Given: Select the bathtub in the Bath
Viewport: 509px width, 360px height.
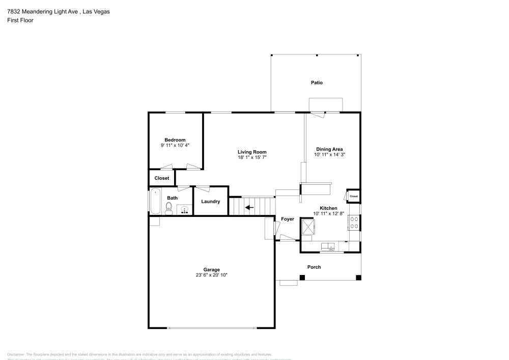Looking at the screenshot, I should pyautogui.click(x=155, y=202).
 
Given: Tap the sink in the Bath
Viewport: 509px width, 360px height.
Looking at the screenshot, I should pyautogui.click(x=185, y=209).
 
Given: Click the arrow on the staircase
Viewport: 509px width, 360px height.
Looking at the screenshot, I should pyautogui.click(x=249, y=207).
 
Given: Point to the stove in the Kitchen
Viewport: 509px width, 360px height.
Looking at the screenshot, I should pyautogui.click(x=354, y=222).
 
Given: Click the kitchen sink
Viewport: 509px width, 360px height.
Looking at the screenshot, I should pyautogui.click(x=328, y=247).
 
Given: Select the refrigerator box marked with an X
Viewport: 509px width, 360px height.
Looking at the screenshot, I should pyautogui.click(x=307, y=226).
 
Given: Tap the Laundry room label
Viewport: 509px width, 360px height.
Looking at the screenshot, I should pyautogui.click(x=211, y=202).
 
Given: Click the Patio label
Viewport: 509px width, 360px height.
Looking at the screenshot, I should pyautogui.click(x=317, y=82).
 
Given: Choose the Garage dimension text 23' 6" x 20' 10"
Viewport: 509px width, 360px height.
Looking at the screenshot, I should pyautogui.click(x=212, y=275).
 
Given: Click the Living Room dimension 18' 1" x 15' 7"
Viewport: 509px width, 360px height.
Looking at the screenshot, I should pyautogui.click(x=252, y=157).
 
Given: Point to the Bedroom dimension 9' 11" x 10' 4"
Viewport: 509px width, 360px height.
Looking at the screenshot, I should pyautogui.click(x=175, y=145).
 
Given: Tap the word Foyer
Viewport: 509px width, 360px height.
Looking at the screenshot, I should pyautogui.click(x=288, y=219).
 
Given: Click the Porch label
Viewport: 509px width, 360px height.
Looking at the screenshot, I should pyautogui.click(x=314, y=267).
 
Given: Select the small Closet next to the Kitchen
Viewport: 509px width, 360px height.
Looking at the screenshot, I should pyautogui.click(x=353, y=196).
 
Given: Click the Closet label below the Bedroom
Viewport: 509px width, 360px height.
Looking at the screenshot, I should pyautogui.click(x=162, y=178).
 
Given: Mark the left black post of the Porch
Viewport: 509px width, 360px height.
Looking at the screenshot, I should pyautogui.click(x=302, y=278).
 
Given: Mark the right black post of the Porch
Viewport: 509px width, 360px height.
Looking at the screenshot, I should pyautogui.click(x=358, y=278).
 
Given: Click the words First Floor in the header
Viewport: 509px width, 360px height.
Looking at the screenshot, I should pyautogui.click(x=20, y=20).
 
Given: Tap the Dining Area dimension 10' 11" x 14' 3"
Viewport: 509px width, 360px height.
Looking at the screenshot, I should pyautogui.click(x=329, y=154).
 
